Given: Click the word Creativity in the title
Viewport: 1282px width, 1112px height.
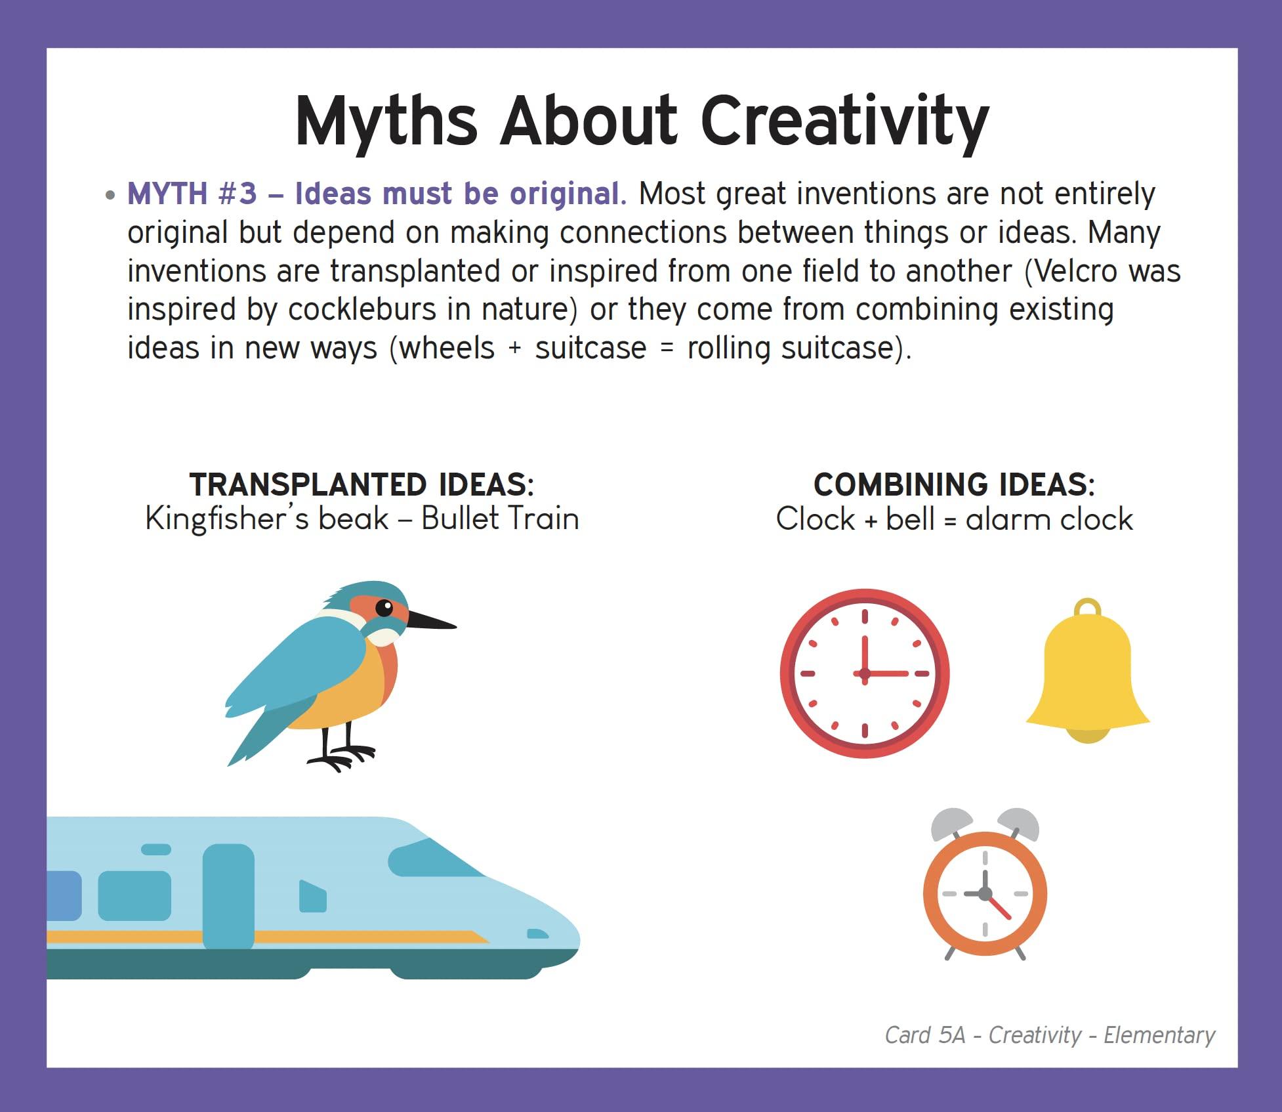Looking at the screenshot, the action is pyautogui.click(x=844, y=122).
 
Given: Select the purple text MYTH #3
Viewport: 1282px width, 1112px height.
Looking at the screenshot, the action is pyautogui.click(x=192, y=194).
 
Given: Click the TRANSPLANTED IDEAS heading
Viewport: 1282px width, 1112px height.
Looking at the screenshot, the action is pyautogui.click(x=362, y=484).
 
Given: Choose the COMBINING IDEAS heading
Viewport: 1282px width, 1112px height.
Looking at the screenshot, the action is pyautogui.click(x=955, y=484).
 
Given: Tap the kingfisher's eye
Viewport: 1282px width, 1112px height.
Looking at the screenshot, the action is pyautogui.click(x=384, y=608).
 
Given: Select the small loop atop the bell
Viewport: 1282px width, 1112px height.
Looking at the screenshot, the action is pyautogui.click(x=1088, y=607).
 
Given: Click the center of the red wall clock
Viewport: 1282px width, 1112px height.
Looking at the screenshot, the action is pyautogui.click(x=864, y=674).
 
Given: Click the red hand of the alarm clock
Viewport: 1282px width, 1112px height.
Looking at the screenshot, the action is pyautogui.click(x=998, y=906).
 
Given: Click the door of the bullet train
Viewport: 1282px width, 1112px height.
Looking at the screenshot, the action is pyautogui.click(x=228, y=897).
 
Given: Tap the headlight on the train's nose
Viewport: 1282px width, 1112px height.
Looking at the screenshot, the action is pyautogui.click(x=538, y=934).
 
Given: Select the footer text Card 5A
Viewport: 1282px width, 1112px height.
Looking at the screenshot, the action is pyautogui.click(x=925, y=1035).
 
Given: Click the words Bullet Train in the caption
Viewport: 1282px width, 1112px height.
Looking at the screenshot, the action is pyautogui.click(x=500, y=519).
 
